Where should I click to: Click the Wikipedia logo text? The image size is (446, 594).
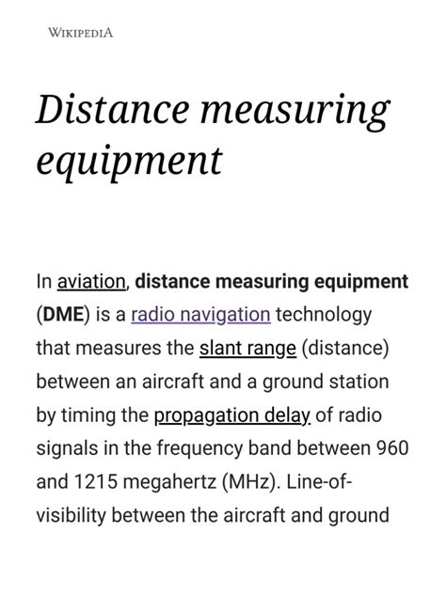[80, 33]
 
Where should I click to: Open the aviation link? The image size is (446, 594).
[91, 281]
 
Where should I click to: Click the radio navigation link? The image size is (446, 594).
[200, 315]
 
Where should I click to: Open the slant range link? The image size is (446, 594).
[247, 349]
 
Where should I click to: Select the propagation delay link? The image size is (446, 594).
[231, 415]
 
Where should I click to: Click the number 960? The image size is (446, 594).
[391, 448]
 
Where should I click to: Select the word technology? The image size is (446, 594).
[324, 315]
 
